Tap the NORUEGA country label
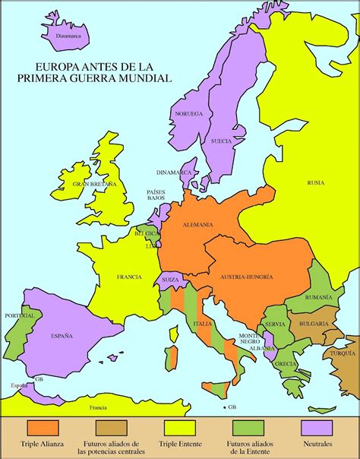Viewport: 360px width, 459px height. coord(189,113)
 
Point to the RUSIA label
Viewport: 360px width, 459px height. coord(315,182)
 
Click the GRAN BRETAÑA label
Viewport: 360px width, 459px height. coord(95,184)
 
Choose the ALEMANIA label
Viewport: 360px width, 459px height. coord(197,224)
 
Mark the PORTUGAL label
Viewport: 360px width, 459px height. coord(20,315)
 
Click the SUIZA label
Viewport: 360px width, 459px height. coord(169,280)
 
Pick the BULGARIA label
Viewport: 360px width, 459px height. coord(314,324)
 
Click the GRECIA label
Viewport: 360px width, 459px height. coord(286,362)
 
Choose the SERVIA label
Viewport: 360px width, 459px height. coord(275,324)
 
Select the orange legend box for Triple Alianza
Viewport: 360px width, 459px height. coord(43,428)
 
